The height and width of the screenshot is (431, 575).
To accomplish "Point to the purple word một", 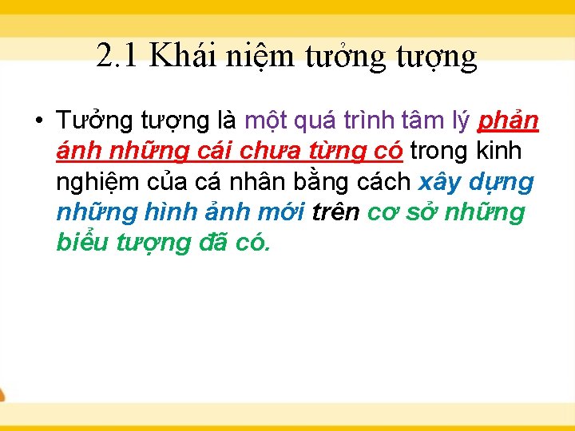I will point(269,121).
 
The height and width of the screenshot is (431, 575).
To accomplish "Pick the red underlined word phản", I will point(508,123).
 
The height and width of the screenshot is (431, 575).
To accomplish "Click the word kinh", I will point(498,151).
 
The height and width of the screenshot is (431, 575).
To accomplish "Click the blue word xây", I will point(439,183).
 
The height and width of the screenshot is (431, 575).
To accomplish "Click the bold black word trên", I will point(335,212).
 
